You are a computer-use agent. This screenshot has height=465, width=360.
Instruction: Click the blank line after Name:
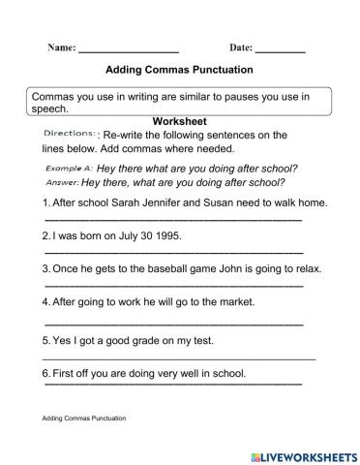[128, 49]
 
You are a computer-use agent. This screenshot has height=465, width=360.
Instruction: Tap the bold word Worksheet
[181, 120]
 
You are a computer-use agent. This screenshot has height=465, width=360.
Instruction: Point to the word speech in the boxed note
[50, 108]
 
